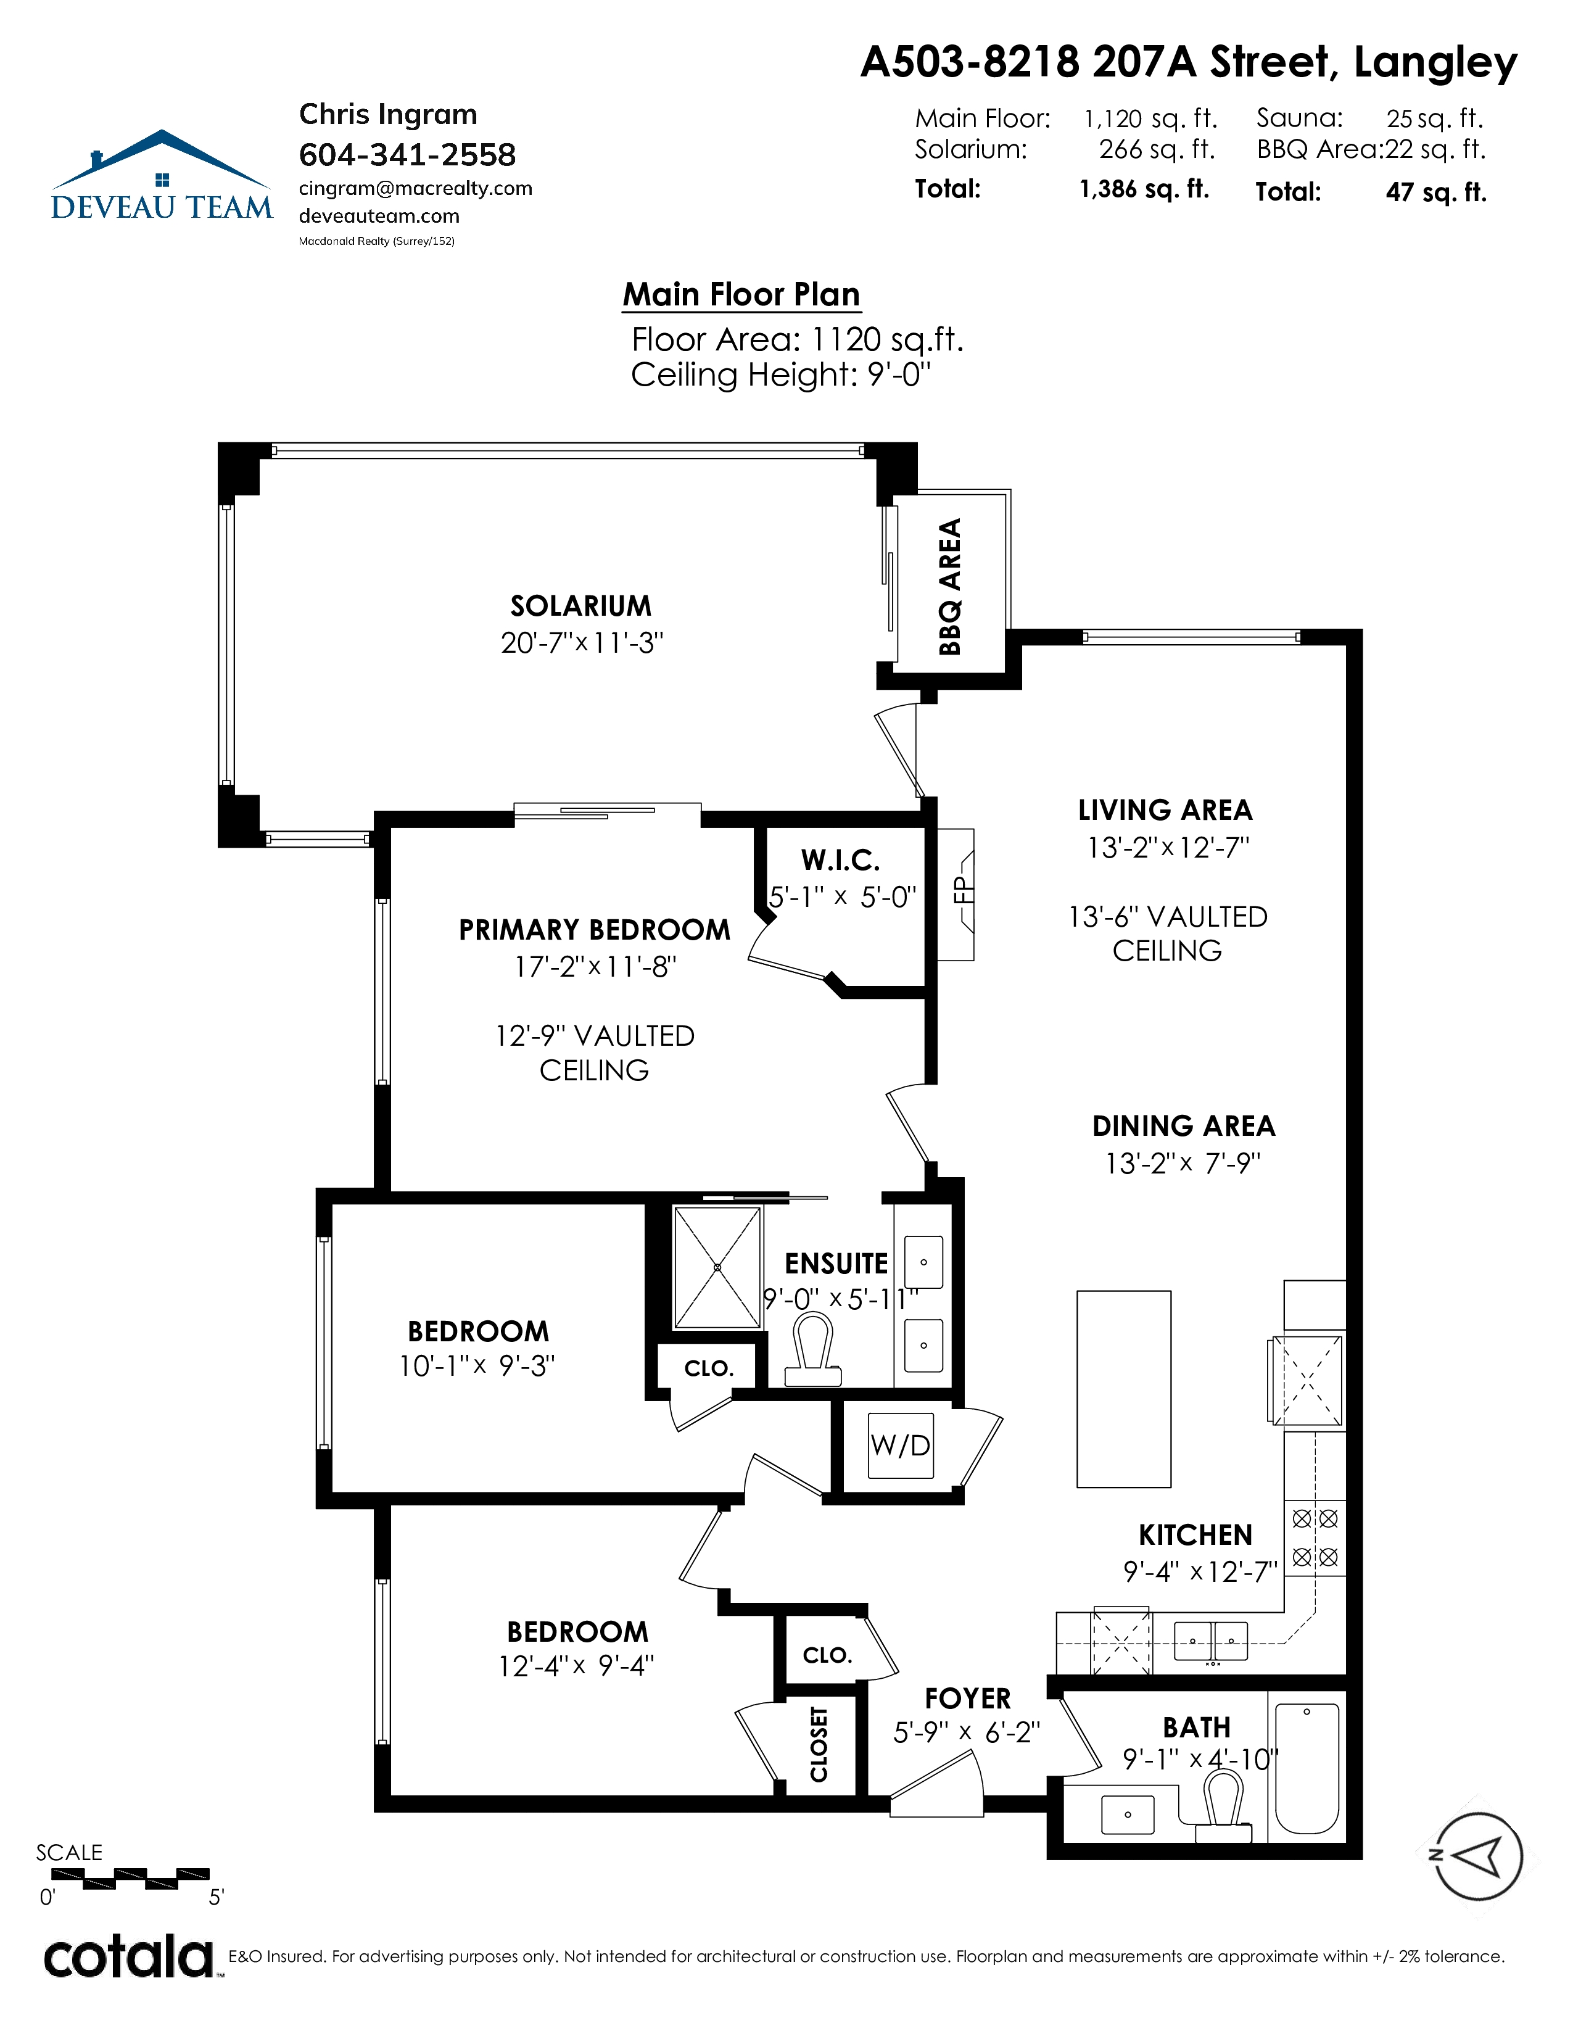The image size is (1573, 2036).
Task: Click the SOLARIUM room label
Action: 580,606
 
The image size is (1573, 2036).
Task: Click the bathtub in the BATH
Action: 1307,1768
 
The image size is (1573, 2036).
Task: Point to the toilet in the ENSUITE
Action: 814,1351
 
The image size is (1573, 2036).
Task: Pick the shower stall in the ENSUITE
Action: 717,1268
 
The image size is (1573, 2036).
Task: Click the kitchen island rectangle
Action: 1124,1389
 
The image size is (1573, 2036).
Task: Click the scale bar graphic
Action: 124,1879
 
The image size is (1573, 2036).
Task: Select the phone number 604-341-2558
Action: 407,155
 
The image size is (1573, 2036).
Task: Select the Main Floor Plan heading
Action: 741,294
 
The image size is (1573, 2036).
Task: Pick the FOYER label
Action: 967,1698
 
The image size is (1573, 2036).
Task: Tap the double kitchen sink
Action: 1210,1641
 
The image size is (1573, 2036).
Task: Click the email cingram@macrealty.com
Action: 416,188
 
